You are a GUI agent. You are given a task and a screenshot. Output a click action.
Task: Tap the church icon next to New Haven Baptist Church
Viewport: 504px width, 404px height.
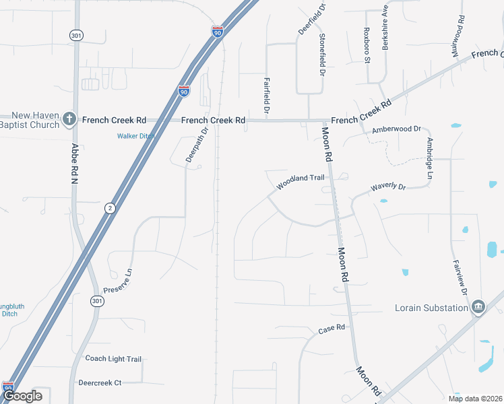pyautogui.click(x=69, y=119)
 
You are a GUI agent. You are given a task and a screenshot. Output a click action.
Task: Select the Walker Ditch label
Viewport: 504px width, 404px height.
pyautogui.click(x=135, y=136)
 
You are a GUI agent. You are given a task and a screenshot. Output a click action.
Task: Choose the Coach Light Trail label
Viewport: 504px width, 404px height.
pyautogui.click(x=113, y=359)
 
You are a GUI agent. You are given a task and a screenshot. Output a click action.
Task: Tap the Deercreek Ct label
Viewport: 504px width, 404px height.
pyautogui.click(x=100, y=382)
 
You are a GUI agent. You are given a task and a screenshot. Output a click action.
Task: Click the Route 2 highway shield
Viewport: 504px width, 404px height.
pyautogui.click(x=109, y=209)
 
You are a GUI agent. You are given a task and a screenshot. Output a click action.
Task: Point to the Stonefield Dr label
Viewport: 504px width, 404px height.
pyautogui.click(x=322, y=55)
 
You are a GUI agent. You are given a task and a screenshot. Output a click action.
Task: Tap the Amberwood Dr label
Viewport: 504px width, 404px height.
pyautogui.click(x=396, y=129)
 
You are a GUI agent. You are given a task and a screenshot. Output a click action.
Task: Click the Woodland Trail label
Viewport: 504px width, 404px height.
pyautogui.click(x=300, y=180)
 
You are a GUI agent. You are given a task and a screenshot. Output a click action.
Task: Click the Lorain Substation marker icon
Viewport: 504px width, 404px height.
pyautogui.click(x=478, y=308)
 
